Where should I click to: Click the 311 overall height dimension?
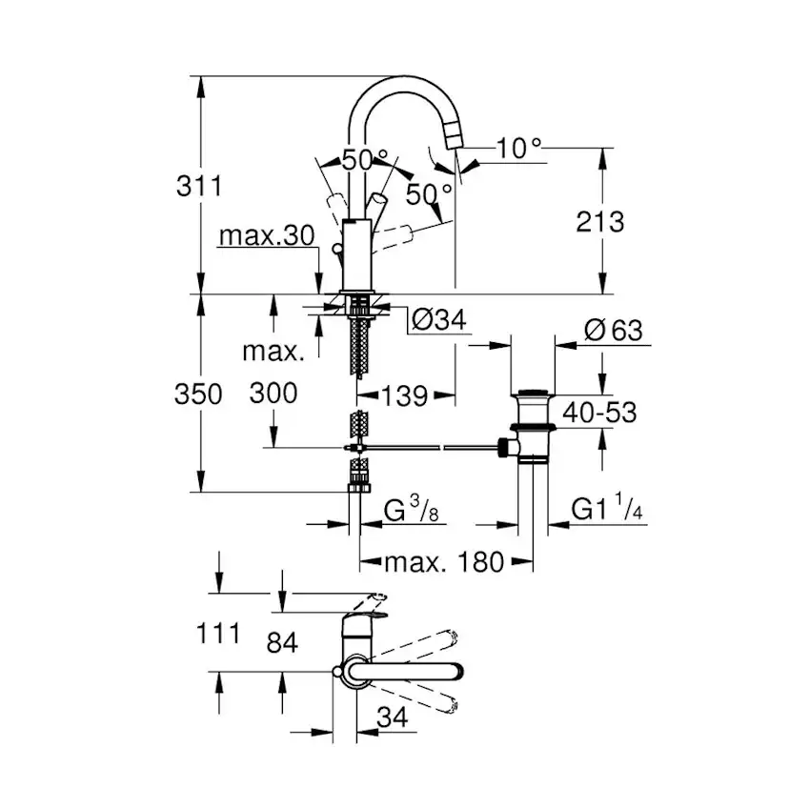199,186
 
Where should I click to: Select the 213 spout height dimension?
600,222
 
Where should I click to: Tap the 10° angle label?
518,147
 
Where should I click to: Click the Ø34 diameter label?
439,320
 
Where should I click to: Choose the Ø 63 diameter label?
612,332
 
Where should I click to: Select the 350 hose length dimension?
199,394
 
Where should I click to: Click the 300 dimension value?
273,393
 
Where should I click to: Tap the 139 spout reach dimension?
405,395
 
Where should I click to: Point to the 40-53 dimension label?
597,412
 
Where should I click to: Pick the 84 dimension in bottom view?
282,643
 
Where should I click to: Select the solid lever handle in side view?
378,207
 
